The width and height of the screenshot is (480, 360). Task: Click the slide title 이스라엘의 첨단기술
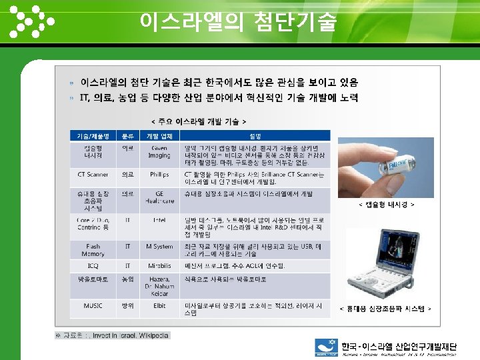pyautogui.click(x=238, y=21)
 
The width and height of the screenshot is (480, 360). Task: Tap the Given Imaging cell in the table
pyautogui.click(x=159, y=151)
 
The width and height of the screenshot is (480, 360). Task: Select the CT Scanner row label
pyautogui.click(x=93, y=175)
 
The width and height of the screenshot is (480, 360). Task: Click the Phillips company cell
pyautogui.click(x=159, y=175)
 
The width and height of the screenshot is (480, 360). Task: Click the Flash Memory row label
pyautogui.click(x=93, y=250)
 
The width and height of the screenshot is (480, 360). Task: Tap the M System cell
pyautogui.click(x=159, y=246)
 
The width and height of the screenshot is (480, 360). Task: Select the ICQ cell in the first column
pyautogui.click(x=93, y=265)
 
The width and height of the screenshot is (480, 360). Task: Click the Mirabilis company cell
pyautogui.click(x=159, y=265)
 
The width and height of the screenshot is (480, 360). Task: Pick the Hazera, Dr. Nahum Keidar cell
pyautogui.click(x=159, y=285)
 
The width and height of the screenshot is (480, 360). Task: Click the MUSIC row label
pyautogui.click(x=93, y=306)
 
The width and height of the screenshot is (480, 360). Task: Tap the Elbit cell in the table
pyautogui.click(x=159, y=306)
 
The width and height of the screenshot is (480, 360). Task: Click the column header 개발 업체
pyautogui.click(x=159, y=135)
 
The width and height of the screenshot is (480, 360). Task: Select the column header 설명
pyautogui.click(x=255, y=135)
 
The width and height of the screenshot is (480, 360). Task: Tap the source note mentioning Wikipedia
pyautogui.click(x=113, y=335)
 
